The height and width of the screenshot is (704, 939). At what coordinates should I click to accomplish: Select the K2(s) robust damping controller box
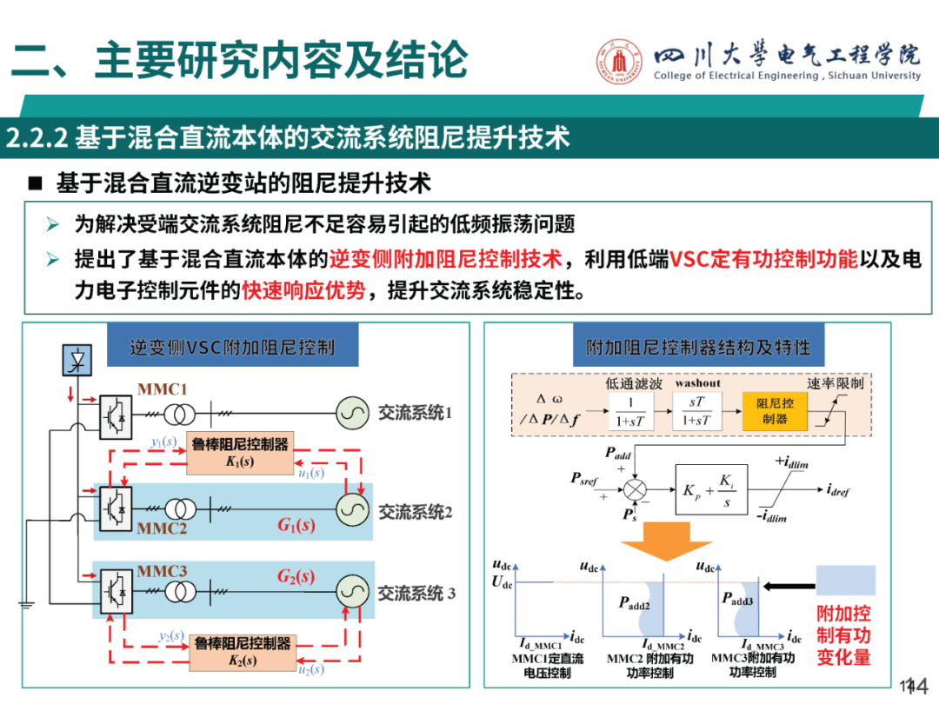click(x=243, y=652)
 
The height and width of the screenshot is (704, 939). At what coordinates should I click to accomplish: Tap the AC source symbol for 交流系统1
click(x=350, y=412)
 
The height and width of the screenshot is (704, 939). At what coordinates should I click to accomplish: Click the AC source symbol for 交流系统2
click(x=351, y=510)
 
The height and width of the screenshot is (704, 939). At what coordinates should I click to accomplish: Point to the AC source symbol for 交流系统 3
click(x=351, y=592)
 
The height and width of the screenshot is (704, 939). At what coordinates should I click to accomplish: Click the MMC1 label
click(x=162, y=389)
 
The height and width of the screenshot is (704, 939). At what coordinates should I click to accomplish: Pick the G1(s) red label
click(x=296, y=525)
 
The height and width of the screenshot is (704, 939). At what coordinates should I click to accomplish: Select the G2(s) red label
click(x=296, y=577)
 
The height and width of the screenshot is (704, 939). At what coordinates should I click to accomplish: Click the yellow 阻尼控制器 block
click(x=774, y=411)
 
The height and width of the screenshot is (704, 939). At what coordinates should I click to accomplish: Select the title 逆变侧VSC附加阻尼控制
click(x=232, y=348)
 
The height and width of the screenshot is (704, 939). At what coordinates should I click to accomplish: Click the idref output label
click(x=838, y=491)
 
